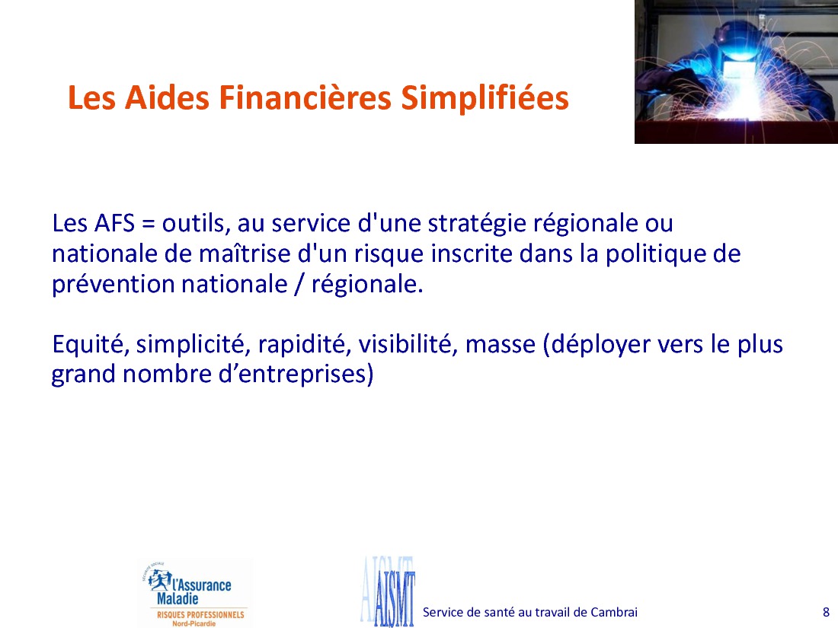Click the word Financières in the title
point(305,97)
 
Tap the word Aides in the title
point(167,97)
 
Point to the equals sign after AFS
point(149,225)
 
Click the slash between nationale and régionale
point(298,285)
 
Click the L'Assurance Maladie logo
point(194,594)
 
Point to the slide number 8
point(826,612)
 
